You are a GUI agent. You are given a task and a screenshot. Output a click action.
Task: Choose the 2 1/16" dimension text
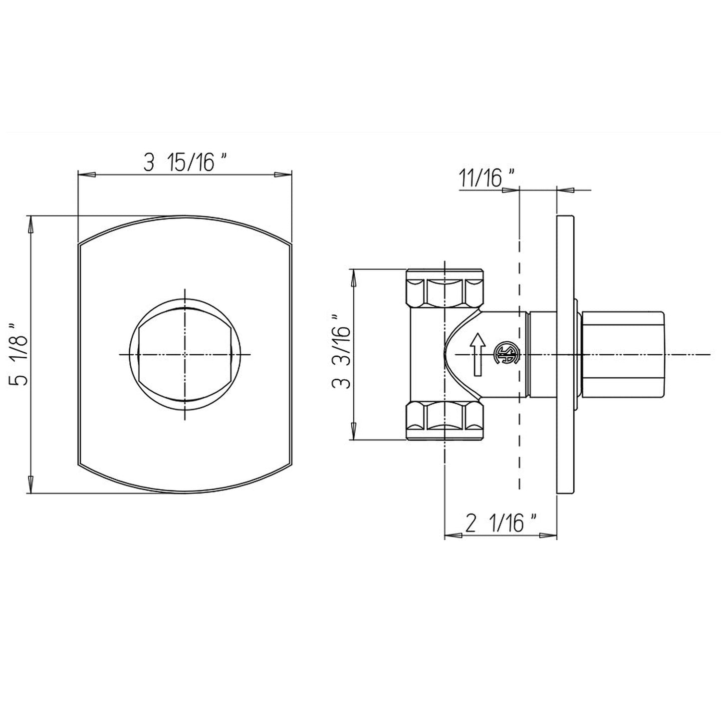[x=500, y=524]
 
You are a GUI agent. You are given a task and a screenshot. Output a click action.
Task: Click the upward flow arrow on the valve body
[x=478, y=354]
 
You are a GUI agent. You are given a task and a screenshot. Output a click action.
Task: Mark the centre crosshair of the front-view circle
[x=185, y=354]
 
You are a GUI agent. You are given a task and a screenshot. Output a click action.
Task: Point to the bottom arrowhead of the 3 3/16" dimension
[x=354, y=431]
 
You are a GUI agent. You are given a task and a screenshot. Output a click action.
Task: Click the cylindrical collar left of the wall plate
[x=542, y=355]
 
